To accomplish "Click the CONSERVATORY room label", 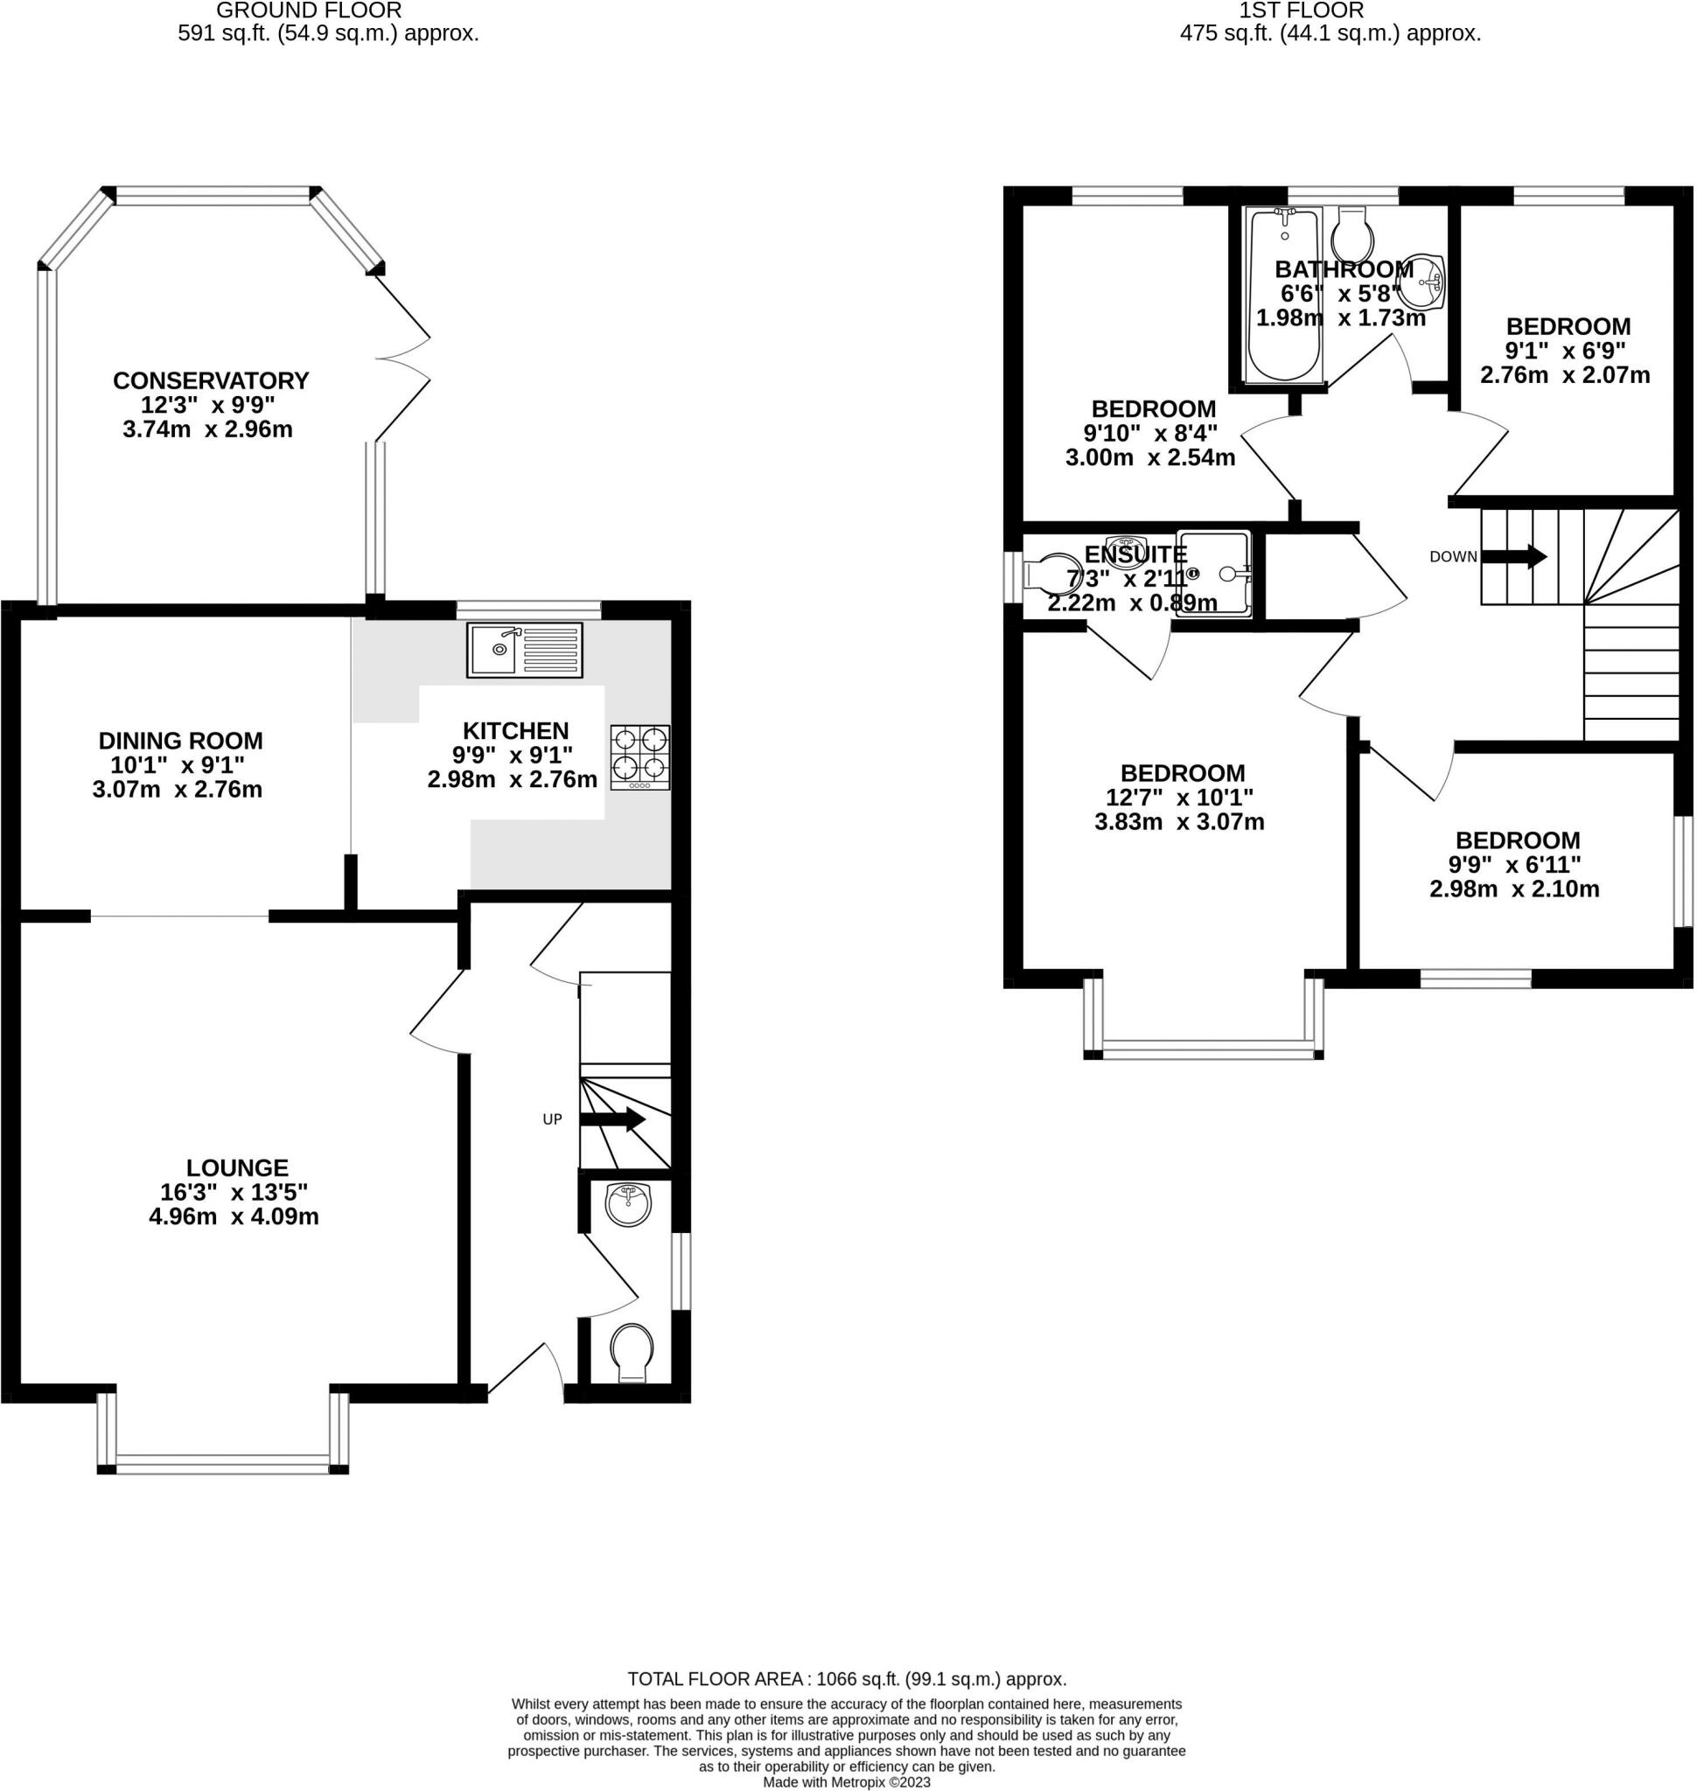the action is pos(211,380).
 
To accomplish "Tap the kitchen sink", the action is pos(525,650).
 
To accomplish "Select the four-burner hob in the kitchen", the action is pos(640,757).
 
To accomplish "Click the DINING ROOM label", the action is pos(181,741).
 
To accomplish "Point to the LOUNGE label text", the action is pos(237,1167).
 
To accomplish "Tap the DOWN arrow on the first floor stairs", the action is pos(1513,556).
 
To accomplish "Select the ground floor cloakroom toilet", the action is pos(632,1353).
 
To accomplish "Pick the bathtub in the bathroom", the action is pos(1284,295).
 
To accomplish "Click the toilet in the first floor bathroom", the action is pos(1353,235).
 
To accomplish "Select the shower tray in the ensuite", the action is pos(1214,574).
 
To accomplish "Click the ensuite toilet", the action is pos(1051,574).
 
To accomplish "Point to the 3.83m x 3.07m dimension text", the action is pos(1179,822).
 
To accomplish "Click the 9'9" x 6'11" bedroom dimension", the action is pos(1518,865).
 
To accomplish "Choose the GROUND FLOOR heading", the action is pos(310,10).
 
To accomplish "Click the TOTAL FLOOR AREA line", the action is pos(848,1680).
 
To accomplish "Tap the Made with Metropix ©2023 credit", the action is pos(847,1783).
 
